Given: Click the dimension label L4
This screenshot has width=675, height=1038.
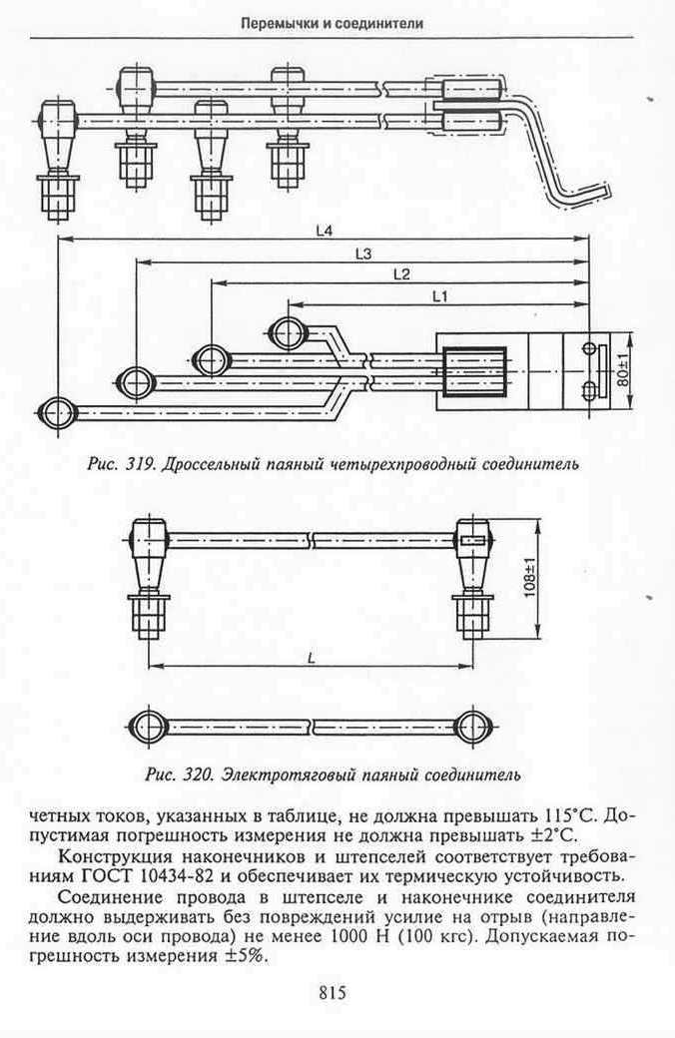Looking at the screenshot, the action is (x=324, y=231).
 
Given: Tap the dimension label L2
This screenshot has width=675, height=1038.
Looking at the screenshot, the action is (x=401, y=274).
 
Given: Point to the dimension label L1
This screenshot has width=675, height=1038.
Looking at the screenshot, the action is (x=439, y=296).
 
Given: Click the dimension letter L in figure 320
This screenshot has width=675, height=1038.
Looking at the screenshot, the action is (x=311, y=658).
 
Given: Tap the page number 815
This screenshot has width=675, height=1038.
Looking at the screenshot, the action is (x=333, y=992).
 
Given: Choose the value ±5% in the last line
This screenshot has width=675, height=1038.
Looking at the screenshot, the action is (x=246, y=956).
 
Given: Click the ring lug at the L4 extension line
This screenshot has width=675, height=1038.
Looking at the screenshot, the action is (x=58, y=414).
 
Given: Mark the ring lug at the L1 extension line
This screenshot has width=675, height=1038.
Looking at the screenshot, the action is (x=290, y=331).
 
